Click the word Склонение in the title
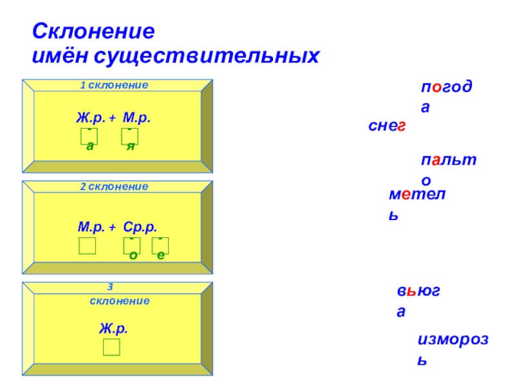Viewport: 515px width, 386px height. (95, 32)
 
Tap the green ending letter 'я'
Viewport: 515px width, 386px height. (130, 147)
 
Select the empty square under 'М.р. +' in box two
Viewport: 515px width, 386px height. (88, 246)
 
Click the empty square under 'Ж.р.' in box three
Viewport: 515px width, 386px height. (111, 347)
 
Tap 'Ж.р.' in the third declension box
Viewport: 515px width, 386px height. (113, 328)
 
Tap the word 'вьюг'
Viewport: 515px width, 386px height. (418, 292)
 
